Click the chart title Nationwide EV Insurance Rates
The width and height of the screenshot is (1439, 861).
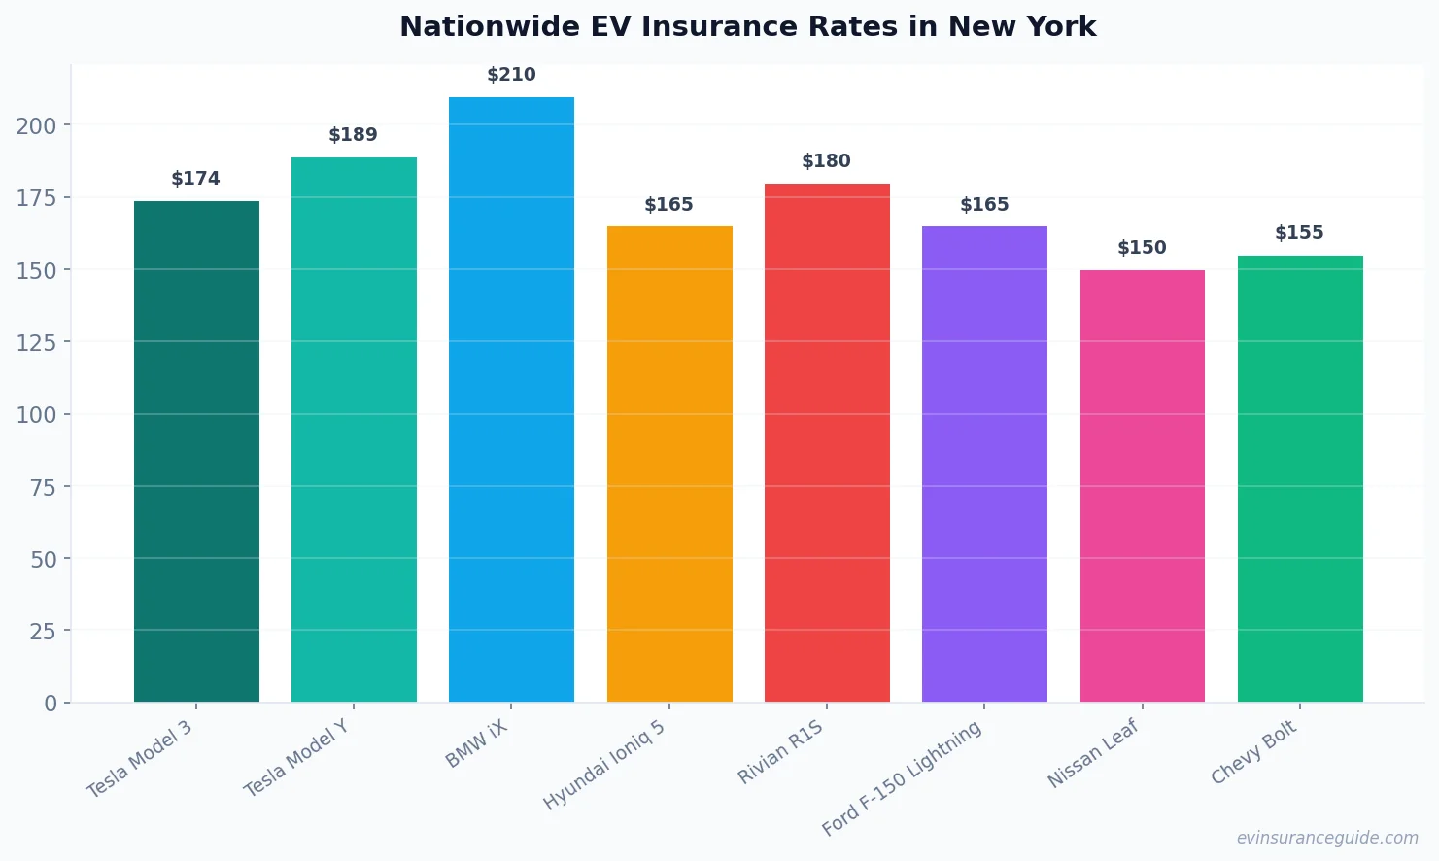point(747,26)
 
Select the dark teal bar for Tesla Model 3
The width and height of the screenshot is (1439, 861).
point(196,451)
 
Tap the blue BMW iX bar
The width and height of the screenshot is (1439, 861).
point(511,399)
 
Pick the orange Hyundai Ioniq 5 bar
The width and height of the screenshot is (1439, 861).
point(669,464)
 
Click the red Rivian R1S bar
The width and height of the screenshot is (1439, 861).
point(827,442)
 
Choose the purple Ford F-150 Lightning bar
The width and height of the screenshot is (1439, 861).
point(984,464)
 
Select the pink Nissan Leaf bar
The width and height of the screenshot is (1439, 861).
point(1142,486)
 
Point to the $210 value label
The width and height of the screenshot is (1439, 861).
point(511,75)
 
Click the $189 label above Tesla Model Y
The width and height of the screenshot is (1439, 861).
point(353,135)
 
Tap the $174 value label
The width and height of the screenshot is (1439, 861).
point(195,179)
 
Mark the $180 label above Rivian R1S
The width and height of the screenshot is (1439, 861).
point(826,161)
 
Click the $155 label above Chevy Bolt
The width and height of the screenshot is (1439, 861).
point(1299,233)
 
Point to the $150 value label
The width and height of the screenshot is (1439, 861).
point(1142,248)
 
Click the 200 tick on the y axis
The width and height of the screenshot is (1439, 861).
point(36,125)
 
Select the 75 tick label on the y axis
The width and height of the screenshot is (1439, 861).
point(43,487)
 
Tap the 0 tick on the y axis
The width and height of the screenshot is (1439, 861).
point(51,704)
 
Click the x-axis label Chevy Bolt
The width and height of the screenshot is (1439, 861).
point(1253,752)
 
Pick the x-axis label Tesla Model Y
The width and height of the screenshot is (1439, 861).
point(296,758)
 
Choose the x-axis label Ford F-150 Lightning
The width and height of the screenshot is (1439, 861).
point(902,778)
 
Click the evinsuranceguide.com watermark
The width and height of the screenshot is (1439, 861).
point(1326,838)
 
